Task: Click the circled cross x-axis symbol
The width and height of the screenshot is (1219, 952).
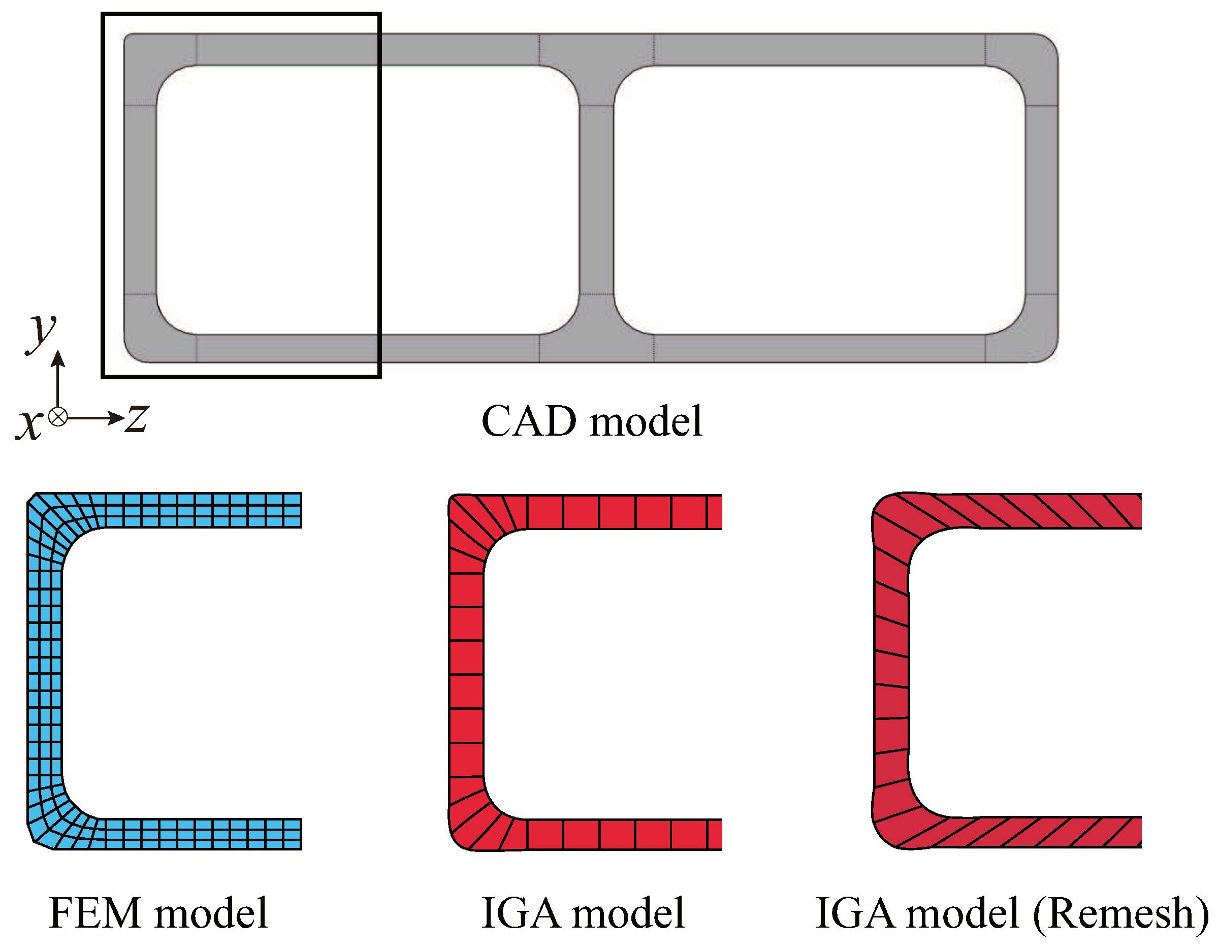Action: (58, 417)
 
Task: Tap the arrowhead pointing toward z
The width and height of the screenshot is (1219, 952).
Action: (117, 417)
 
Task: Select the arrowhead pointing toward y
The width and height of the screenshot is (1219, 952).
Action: (58, 357)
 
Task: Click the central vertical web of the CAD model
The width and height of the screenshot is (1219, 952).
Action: (597, 200)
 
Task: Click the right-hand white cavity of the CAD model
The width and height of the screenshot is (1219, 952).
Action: (819, 200)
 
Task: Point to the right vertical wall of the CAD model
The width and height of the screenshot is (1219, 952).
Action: (1042, 200)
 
